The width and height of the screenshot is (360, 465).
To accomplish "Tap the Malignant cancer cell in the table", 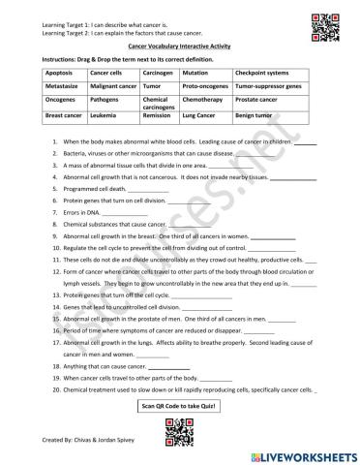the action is pos(112,85).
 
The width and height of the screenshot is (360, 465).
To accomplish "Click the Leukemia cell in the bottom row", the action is pos(112,116).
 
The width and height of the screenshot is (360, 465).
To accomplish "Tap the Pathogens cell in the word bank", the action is pos(112,99).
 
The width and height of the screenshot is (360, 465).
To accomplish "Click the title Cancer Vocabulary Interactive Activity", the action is pos(179,46).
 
